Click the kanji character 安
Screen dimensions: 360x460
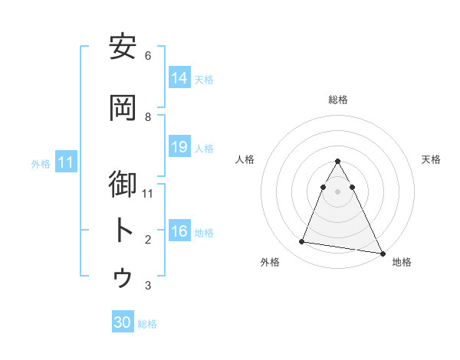coord(123,47)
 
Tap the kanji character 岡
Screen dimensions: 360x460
coord(123,108)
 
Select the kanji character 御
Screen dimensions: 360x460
coord(123,185)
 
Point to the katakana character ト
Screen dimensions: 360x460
coord(123,231)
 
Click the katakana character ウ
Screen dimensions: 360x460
coord(123,277)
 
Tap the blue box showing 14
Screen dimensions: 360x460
coord(179,78)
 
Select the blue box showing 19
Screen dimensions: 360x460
coord(179,147)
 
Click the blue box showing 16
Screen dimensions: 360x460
coord(179,231)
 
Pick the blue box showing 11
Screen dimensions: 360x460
coord(66,162)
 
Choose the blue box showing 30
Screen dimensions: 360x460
coord(123,322)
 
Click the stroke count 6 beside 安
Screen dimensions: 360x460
coord(148,56)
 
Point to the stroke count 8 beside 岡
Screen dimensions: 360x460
coord(148,116)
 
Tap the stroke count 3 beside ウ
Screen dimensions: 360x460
coord(148,286)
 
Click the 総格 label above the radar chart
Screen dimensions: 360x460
coord(338,100)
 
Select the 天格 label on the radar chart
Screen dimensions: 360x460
coord(431,159)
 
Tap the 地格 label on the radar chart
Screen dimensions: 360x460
coord(402,262)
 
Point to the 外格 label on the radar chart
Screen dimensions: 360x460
coord(270,262)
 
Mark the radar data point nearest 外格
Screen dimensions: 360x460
coord(302,242)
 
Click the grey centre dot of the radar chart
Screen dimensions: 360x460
coord(338,191)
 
